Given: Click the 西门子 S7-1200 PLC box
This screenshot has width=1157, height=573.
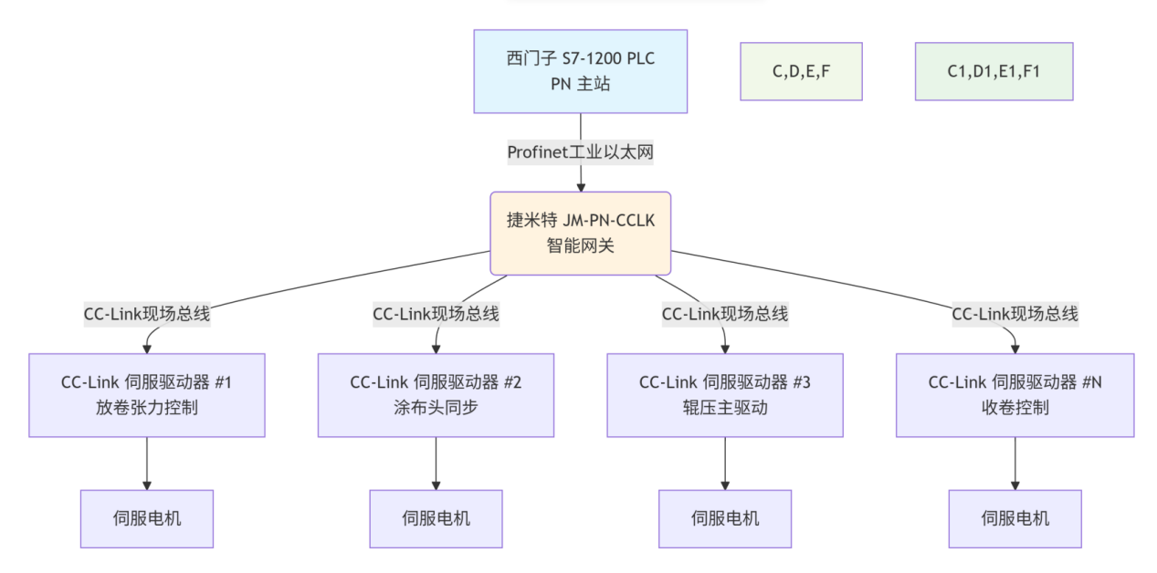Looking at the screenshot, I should pyautogui.click(x=580, y=71).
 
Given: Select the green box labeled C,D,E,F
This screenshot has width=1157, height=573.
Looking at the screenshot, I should pyautogui.click(x=801, y=71).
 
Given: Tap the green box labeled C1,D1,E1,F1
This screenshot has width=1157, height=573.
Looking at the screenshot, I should pyautogui.click(x=994, y=71).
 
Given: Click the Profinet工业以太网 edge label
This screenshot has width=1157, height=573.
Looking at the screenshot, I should pyautogui.click(x=580, y=152).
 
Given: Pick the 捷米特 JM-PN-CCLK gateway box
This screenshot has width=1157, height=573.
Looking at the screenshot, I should pyautogui.click(x=580, y=233).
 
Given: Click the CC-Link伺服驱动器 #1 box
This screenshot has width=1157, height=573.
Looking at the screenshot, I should pyautogui.click(x=147, y=395).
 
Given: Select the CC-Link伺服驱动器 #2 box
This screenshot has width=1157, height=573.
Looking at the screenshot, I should pyautogui.click(x=436, y=395).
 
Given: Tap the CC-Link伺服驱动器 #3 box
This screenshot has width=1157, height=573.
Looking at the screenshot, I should pyautogui.click(x=725, y=395).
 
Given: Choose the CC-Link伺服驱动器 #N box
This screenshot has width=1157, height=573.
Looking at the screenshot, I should pyautogui.click(x=1015, y=395).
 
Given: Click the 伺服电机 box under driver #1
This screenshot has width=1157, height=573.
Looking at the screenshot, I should pyautogui.click(x=147, y=518).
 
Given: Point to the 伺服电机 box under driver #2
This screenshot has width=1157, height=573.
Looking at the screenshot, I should pyautogui.click(x=436, y=518).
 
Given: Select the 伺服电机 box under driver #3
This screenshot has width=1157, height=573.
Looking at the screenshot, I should pyautogui.click(x=725, y=518).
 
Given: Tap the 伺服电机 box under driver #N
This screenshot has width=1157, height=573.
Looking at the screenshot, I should pyautogui.click(x=1015, y=518).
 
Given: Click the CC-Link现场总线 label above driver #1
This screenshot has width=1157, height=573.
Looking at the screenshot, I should pyautogui.click(x=147, y=314).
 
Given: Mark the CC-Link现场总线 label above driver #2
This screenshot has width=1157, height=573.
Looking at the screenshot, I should pyautogui.click(x=436, y=314).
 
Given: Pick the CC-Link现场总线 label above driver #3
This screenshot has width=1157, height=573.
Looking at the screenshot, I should pyautogui.click(x=725, y=314).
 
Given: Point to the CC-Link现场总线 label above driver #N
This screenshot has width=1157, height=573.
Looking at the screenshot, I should pyautogui.click(x=1015, y=314).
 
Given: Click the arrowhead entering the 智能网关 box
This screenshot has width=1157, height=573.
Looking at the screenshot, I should pyautogui.click(x=580, y=186).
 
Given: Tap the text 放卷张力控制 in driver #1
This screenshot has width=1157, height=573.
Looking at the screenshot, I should pyautogui.click(x=147, y=407).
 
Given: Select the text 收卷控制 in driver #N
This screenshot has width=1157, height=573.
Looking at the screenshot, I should pyautogui.click(x=1015, y=407).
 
